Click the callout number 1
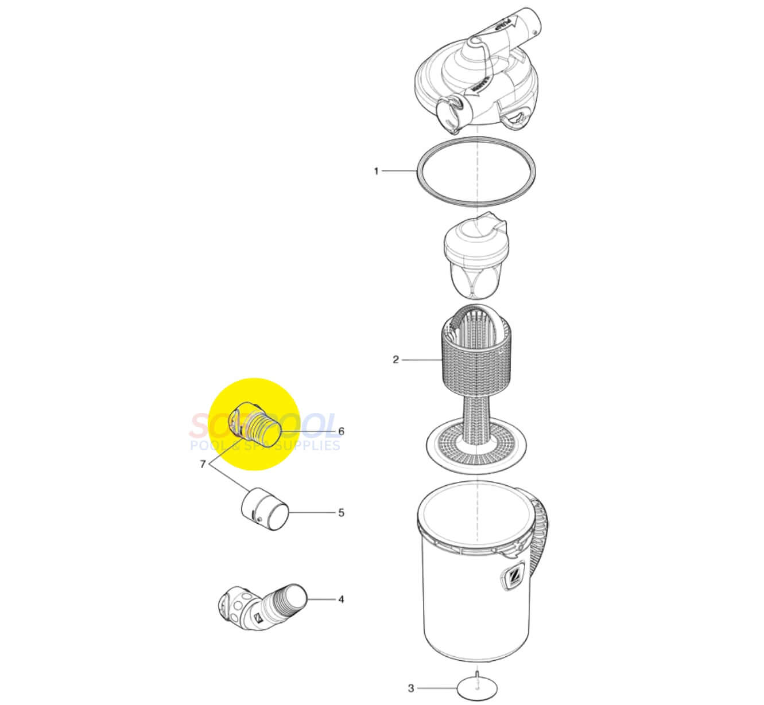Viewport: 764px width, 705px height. coord(376,171)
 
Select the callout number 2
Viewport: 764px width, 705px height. coord(395,360)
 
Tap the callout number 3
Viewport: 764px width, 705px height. coord(410,688)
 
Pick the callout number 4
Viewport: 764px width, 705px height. coord(341,599)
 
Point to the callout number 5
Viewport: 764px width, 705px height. coord(341,512)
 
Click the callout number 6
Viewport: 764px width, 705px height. coord(341,431)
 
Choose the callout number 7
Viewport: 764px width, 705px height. coord(203,464)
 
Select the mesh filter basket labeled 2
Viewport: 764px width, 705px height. coord(476,356)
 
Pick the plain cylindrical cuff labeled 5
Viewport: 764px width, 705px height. coord(265,508)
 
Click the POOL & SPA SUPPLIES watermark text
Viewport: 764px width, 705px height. coord(265,445)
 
